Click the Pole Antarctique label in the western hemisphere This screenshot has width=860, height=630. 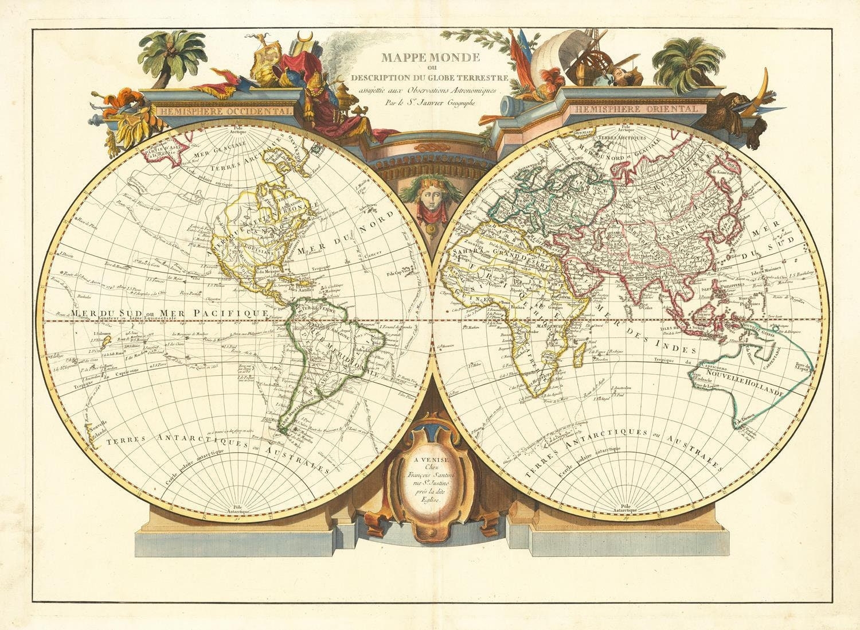coord(236,508)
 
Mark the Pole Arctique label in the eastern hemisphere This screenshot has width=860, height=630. coord(625,128)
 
